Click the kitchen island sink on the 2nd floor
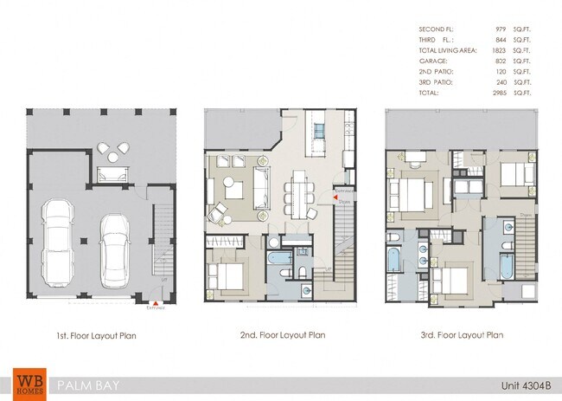[318, 132]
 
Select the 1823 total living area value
[500, 51]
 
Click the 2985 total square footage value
[500, 91]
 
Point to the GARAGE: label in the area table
[432, 61]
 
